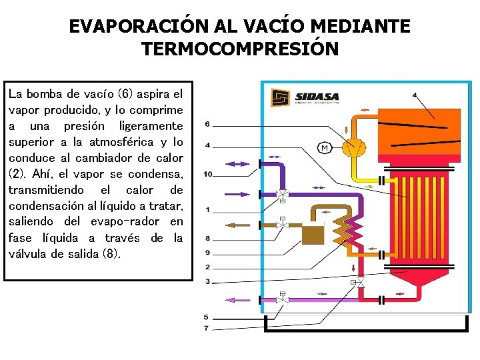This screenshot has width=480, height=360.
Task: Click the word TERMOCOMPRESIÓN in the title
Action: click(240, 49)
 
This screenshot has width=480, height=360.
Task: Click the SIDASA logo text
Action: click(317, 95)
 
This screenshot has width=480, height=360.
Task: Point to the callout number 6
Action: click(207, 124)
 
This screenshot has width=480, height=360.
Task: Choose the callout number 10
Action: click(208, 175)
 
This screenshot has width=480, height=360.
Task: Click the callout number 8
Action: click(207, 238)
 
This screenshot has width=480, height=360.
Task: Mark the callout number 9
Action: click(207, 253)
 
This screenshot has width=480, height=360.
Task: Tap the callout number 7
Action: click(206, 329)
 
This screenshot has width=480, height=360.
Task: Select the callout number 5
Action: click(206, 317)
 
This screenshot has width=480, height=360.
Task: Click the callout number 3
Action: click(207, 282)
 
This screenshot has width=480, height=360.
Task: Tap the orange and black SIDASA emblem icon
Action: click(280, 98)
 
